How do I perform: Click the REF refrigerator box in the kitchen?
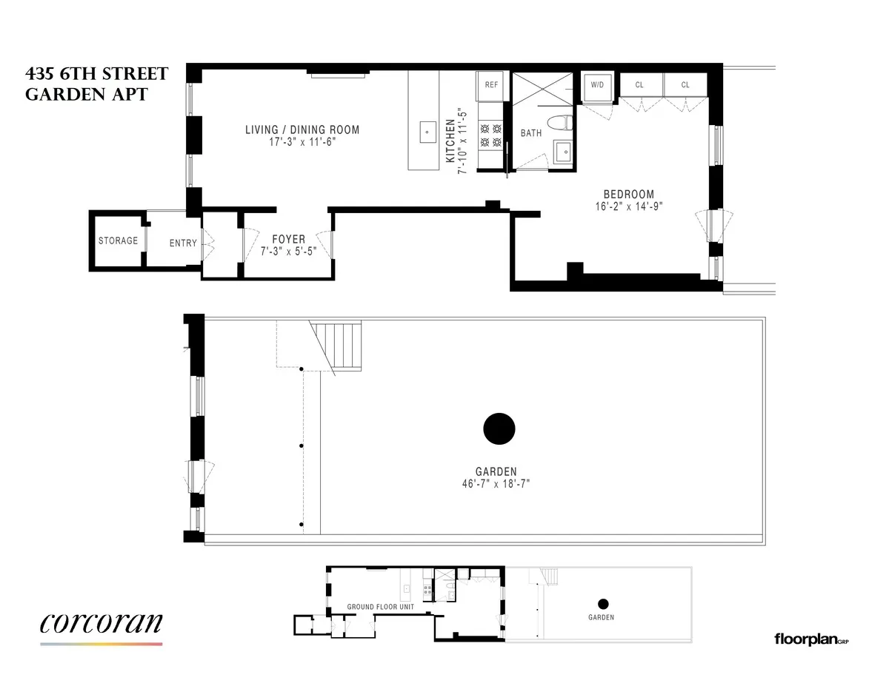[491, 85]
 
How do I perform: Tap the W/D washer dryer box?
[596, 85]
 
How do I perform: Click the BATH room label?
[531, 133]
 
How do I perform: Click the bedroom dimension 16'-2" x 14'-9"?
[628, 207]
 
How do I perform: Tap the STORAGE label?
[118, 241]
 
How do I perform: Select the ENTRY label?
[183, 243]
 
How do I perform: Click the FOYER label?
[288, 240]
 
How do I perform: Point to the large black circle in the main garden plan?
[499, 428]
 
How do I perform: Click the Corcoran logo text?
[101, 623]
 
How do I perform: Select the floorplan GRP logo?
[810, 638]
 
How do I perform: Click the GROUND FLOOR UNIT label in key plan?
[381, 607]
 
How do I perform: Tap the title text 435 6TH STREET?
[96, 74]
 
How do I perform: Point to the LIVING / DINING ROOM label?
[302, 130]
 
